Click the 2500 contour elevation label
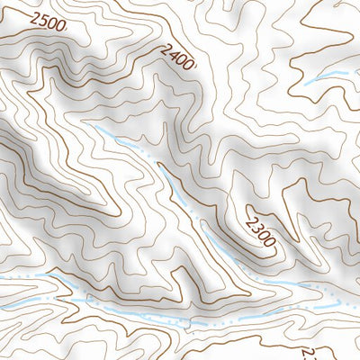[48, 22]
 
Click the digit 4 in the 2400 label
[170, 53]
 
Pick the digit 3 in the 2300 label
[256, 221]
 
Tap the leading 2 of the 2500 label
[33, 17]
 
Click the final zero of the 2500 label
[60, 26]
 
